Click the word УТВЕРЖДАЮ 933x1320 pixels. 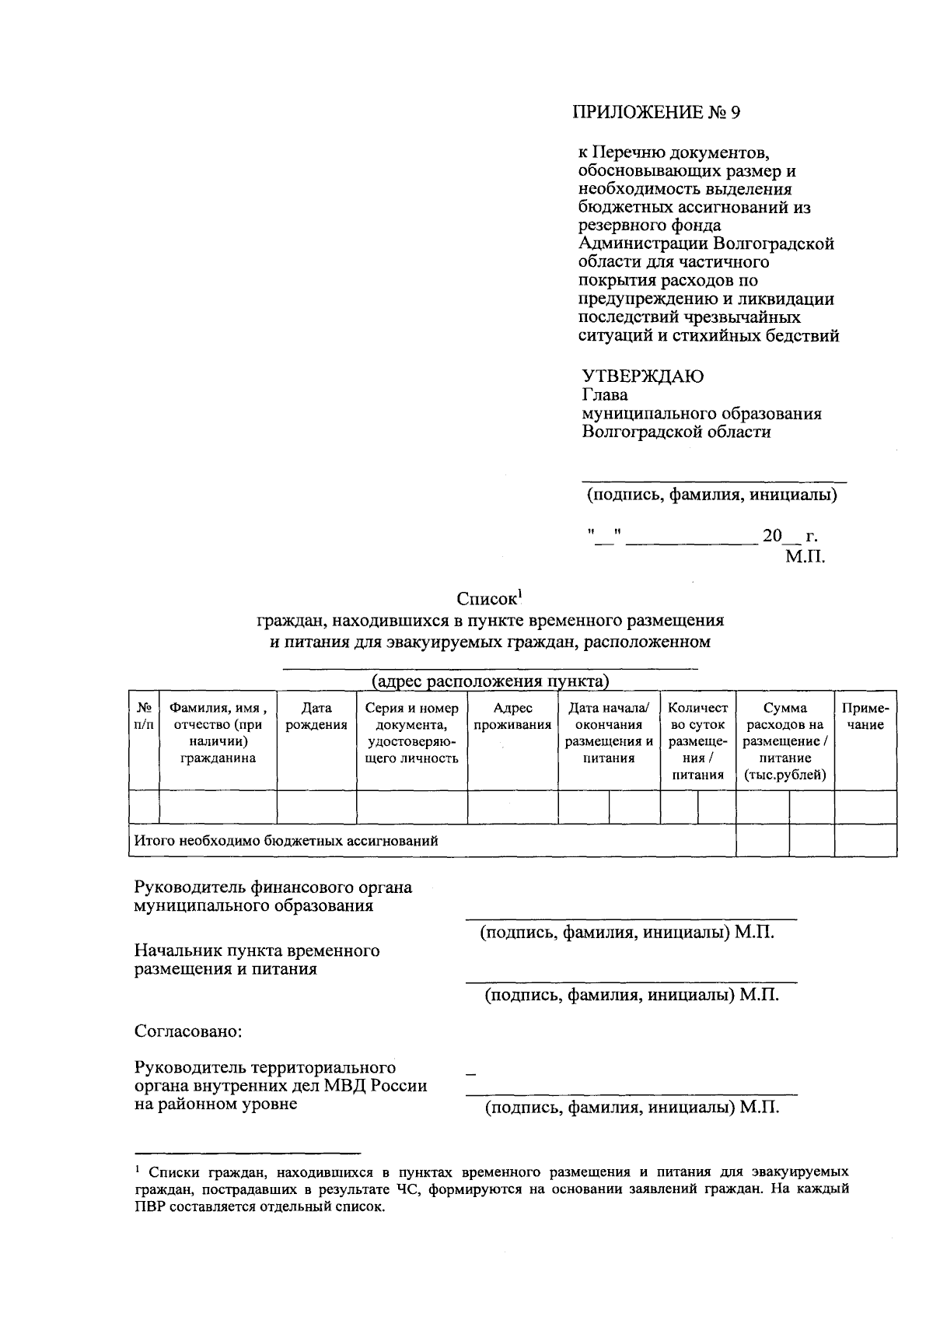coord(644,376)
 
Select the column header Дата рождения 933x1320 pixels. coord(316,716)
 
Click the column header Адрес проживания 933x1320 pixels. coord(512,716)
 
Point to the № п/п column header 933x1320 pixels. coord(143,716)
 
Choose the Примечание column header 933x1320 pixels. coord(865,716)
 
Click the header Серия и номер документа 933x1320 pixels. coord(411,733)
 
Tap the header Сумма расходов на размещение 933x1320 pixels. coord(784,741)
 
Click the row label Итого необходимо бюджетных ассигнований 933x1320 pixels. coord(286,841)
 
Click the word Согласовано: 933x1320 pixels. coord(188,1031)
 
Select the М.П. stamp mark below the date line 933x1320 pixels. coord(804,556)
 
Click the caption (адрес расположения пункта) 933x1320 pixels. coord(490,682)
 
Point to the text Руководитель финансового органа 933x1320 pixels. coord(273,888)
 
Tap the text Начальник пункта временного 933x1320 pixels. coord(257,951)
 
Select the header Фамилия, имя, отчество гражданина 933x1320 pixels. coord(218,733)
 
